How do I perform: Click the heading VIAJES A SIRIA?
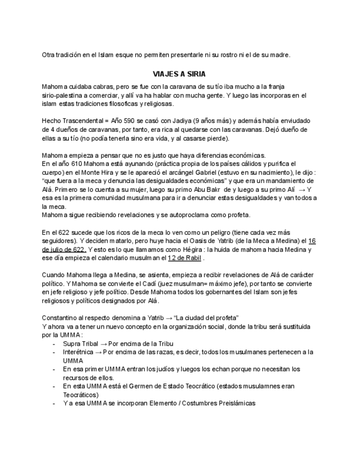coord(179,74)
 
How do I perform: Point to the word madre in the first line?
coord(279,55)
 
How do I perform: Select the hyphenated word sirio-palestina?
coord(64,96)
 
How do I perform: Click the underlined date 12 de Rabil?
coord(185,258)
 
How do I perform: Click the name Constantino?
coord(60,318)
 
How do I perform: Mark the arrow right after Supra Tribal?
coord(102,343)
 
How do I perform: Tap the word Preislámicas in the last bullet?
coord(234,403)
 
